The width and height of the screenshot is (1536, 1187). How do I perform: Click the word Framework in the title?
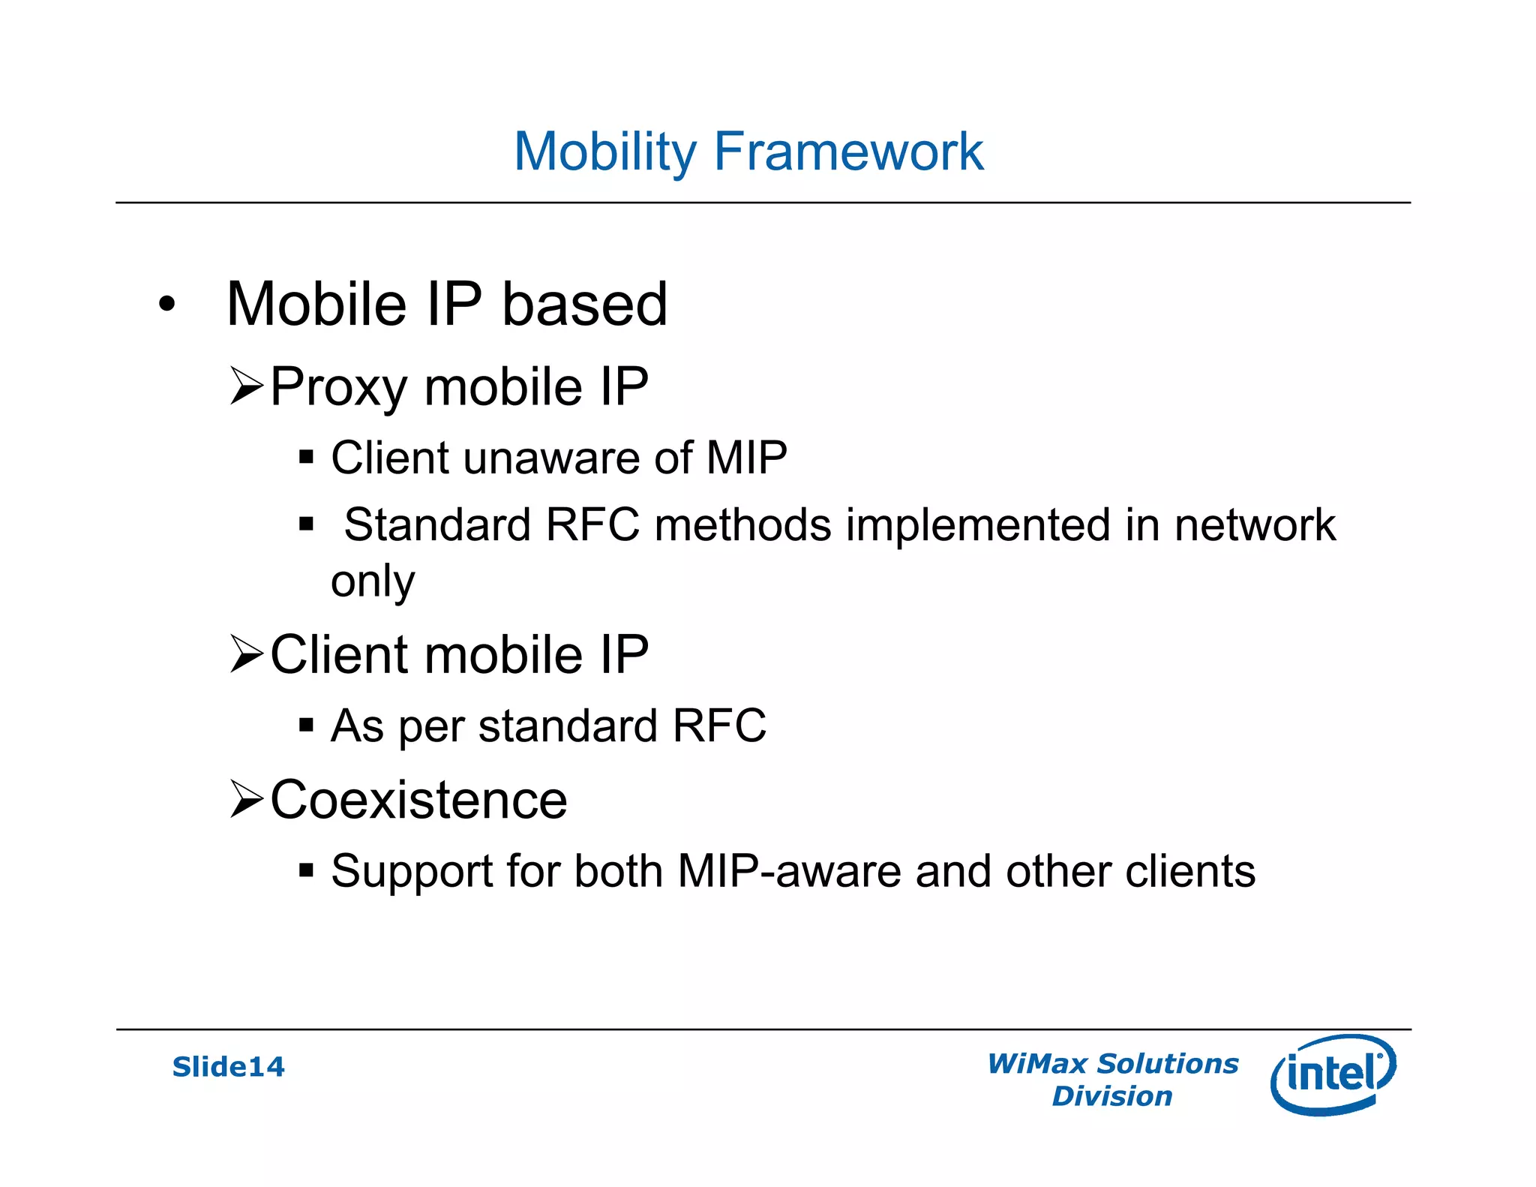pos(848,152)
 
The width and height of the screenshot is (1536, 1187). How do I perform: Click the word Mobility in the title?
pos(605,152)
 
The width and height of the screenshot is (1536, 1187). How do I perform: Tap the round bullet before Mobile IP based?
pos(166,305)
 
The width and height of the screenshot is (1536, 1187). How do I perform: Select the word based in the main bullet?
pos(584,304)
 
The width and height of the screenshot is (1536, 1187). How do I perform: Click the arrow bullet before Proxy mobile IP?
pos(246,386)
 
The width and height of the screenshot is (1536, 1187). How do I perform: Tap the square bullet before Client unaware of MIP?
pos(305,457)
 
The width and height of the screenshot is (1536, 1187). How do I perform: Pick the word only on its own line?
pos(373,581)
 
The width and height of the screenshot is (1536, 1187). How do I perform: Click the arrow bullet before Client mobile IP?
pos(246,654)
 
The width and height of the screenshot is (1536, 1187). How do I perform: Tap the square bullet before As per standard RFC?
pos(305,725)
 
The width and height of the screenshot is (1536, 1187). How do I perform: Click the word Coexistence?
pos(418,800)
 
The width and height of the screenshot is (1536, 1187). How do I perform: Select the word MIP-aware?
pos(789,871)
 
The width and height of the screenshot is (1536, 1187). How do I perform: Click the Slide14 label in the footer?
pos(228,1066)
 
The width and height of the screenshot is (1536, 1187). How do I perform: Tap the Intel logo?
pos(1333,1074)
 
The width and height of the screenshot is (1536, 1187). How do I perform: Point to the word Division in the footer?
pos(1111,1096)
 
